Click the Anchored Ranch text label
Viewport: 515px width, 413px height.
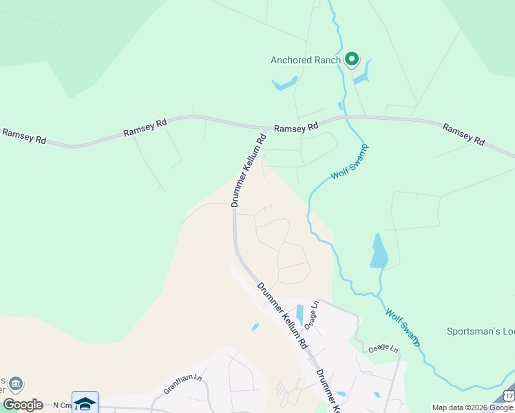305,60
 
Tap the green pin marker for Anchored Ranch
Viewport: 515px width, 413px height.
352,60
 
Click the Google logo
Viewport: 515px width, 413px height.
22,405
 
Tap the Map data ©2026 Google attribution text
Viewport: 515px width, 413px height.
472,407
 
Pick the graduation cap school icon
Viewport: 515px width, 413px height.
85,403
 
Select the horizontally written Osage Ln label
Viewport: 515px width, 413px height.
383,349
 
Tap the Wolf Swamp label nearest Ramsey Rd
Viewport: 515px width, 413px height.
350,161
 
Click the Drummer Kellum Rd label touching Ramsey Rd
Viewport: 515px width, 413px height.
249,170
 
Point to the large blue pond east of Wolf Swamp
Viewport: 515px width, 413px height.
379,252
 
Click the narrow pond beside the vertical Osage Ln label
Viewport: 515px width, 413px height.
299,314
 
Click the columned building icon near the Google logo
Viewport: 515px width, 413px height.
16,384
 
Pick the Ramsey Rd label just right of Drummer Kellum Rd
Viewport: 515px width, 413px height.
296,128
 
